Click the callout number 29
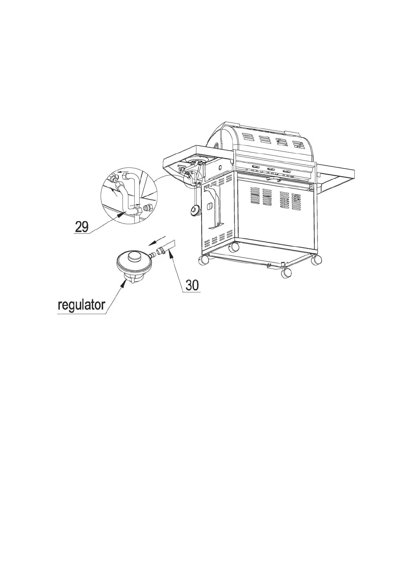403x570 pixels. [82, 226]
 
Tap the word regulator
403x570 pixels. [82, 305]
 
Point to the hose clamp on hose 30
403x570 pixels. [160, 250]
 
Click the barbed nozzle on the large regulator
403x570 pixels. [152, 254]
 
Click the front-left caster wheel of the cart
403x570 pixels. [204, 260]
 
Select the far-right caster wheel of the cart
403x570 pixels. [317, 260]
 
